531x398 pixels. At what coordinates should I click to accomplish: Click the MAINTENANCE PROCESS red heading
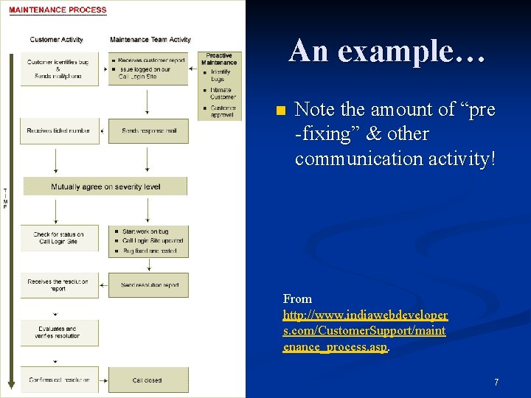(x=58, y=10)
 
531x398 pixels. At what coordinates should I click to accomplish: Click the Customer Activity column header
(x=56, y=39)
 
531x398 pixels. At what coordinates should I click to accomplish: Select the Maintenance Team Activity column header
(x=150, y=39)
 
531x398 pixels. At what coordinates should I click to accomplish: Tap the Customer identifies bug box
(x=58, y=68)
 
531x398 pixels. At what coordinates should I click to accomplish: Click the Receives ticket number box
(x=58, y=131)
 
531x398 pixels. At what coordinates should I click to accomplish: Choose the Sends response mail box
(x=149, y=131)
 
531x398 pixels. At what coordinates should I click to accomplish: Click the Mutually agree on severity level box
(x=105, y=186)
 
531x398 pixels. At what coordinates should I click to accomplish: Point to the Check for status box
(x=58, y=237)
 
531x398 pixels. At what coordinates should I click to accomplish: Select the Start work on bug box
(x=149, y=241)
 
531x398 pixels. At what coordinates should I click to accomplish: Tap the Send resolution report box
(x=149, y=285)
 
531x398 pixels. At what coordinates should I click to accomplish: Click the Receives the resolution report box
(x=58, y=285)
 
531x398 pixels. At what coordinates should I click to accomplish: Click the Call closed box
(x=147, y=380)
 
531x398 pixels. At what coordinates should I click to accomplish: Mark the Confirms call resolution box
(x=59, y=380)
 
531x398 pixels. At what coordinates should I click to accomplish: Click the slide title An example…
(x=387, y=51)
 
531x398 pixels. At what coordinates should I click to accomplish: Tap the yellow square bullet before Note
(x=278, y=111)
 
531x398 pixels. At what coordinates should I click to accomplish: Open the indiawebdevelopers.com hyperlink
(x=365, y=330)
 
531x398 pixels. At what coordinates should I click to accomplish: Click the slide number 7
(x=496, y=383)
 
